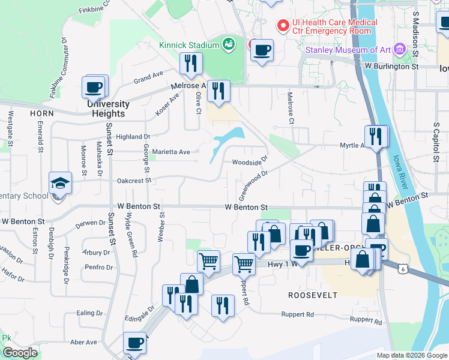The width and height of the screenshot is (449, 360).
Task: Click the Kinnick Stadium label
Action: (x=189, y=44)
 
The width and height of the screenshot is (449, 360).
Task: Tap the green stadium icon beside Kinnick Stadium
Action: (x=228, y=43)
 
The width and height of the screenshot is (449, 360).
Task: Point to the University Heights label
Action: (x=109, y=109)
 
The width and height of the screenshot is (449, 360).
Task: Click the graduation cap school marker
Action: (x=61, y=182)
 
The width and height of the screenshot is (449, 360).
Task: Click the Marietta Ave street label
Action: (x=171, y=152)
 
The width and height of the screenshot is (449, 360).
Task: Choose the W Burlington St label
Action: (x=391, y=67)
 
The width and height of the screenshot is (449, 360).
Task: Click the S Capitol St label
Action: (x=436, y=143)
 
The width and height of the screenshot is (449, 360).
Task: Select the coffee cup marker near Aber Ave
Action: (x=135, y=343)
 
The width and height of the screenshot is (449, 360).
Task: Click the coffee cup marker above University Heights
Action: (x=94, y=86)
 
